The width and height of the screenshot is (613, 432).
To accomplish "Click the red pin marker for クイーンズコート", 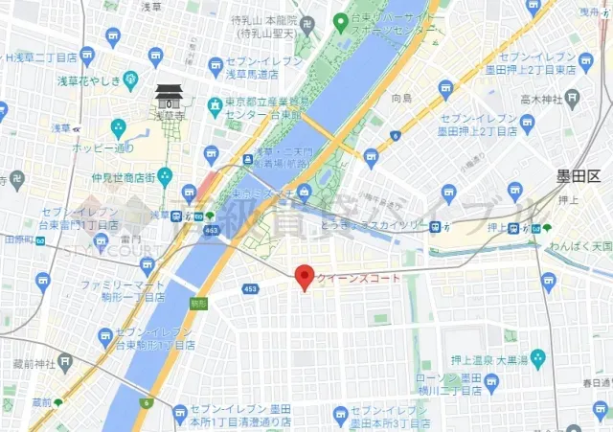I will (x=305, y=276).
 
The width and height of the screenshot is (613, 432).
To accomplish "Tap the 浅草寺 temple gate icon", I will (x=168, y=97).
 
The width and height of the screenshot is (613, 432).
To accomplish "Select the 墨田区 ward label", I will (x=579, y=177).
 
